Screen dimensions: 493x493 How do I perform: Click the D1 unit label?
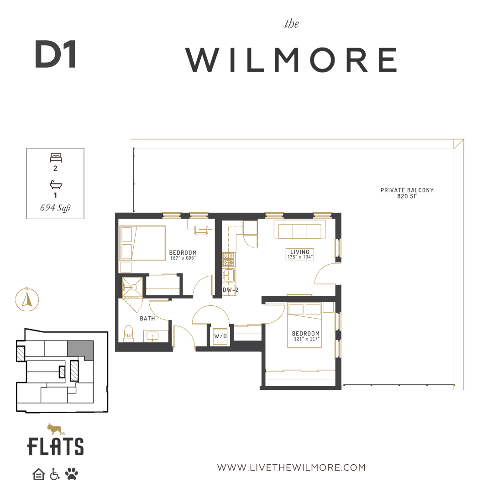pos(55,54)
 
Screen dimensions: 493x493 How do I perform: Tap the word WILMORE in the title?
pos(291,60)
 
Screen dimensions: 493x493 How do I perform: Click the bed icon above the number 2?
pos(56,157)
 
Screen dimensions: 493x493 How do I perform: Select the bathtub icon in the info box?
pos(56,184)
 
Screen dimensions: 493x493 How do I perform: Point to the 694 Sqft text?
pos(55,208)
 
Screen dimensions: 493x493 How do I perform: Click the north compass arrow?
pos(27,299)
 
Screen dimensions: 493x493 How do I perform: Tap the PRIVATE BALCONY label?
pos(407,190)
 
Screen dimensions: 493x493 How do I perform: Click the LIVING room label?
pos(299,252)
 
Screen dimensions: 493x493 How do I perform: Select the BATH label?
pos(147,319)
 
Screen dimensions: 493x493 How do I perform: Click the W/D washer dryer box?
pos(220,336)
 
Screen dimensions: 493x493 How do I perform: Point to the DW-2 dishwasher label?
pos(231,290)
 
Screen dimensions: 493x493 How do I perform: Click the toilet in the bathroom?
pos(129,333)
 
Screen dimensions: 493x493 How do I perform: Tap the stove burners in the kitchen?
pos(229,259)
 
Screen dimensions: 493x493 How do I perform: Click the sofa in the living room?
pos(299,229)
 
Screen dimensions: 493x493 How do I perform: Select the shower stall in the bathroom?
pos(132,287)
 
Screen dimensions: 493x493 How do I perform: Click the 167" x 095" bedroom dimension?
pos(183,258)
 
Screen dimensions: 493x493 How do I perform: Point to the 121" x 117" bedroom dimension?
pos(306,339)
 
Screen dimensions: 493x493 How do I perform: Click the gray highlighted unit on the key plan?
pos(80,350)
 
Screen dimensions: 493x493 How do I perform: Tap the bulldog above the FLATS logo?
pos(55,429)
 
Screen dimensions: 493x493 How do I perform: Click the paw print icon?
pos(71,474)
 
